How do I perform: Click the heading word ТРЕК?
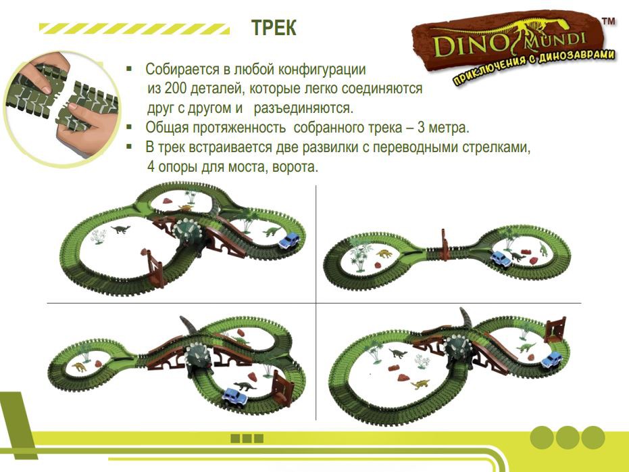[x=274, y=28]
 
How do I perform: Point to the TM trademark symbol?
[x=609, y=21]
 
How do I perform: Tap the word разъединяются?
[x=303, y=108]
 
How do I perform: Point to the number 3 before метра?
[x=421, y=128]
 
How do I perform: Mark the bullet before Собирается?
[x=129, y=69]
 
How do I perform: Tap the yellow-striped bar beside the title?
[x=134, y=28]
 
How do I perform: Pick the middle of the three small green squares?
[x=247, y=438]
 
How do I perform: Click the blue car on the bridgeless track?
[x=501, y=258]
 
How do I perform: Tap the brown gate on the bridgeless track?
[x=445, y=245]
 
